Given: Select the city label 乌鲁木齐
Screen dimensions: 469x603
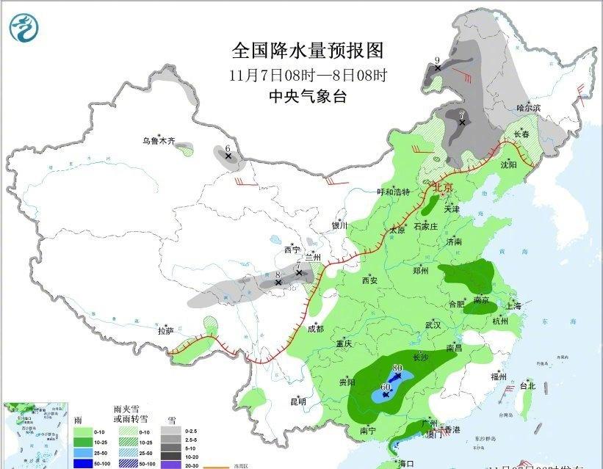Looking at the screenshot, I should pyautogui.click(x=159, y=141).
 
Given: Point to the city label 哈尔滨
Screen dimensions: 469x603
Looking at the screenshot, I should pyautogui.click(x=527, y=108).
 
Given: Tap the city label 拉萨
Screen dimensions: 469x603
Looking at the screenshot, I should pyautogui.click(x=166, y=331).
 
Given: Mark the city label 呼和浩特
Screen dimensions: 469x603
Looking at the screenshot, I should pyautogui.click(x=393, y=192).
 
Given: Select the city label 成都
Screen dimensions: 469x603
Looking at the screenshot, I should pyautogui.click(x=315, y=329).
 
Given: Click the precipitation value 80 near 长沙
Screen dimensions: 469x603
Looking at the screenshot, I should pyautogui.click(x=397, y=368).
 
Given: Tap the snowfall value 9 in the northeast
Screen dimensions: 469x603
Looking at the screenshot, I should pyautogui.click(x=437, y=59).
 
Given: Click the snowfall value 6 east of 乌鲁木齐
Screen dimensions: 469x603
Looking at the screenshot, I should pyautogui.click(x=228, y=148).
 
